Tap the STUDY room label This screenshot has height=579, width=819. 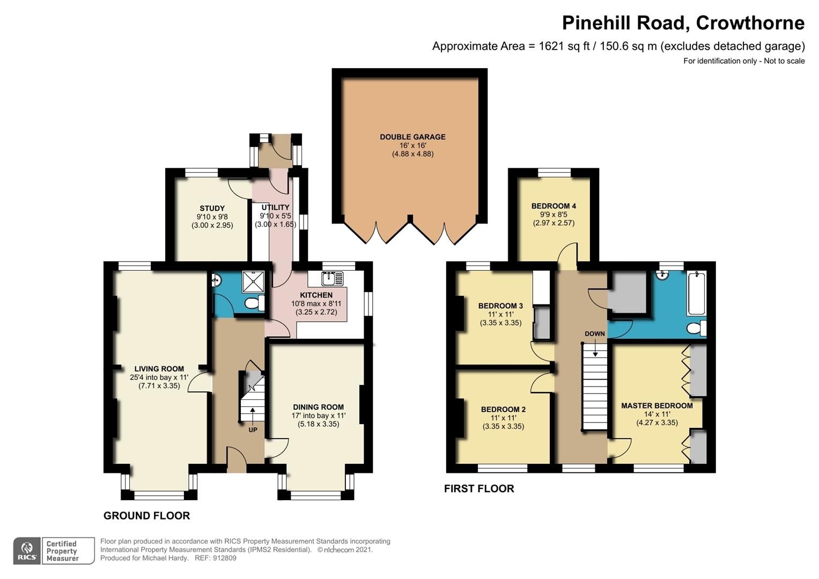point(212,209)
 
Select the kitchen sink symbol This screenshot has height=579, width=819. point(328,278)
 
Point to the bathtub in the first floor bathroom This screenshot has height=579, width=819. point(696,293)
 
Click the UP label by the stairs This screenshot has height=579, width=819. point(253,430)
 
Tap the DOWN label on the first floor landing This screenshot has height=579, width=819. point(594,333)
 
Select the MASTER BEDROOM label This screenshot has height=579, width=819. point(656,406)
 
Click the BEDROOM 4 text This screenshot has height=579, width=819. point(554,206)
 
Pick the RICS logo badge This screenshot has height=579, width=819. point(26,551)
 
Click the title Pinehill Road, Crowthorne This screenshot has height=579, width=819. point(683,23)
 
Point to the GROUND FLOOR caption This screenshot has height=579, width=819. point(146,516)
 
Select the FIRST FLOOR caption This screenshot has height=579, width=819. point(479,488)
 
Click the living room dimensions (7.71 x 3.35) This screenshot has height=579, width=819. point(159,385)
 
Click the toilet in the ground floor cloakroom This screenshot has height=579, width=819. point(254,304)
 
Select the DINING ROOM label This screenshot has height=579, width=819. point(318,407)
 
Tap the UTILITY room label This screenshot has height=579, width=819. point(275,207)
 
